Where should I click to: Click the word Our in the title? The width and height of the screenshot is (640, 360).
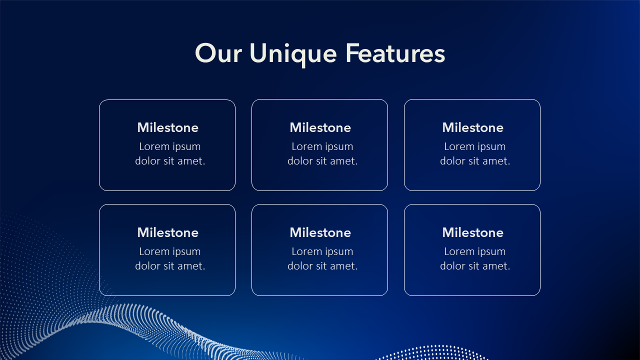click(218, 53)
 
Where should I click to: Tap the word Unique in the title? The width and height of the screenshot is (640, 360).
click(293, 55)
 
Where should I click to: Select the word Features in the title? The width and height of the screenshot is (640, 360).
click(395, 53)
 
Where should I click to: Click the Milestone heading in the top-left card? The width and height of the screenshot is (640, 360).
click(167, 127)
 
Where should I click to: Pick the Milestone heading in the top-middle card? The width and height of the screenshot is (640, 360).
click(320, 127)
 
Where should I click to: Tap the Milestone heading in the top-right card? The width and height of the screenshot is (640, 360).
click(473, 127)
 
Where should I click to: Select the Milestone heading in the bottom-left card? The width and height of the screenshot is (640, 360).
click(167, 232)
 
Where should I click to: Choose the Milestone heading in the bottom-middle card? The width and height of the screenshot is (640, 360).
click(320, 232)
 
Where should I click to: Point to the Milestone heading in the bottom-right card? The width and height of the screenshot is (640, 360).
click(473, 232)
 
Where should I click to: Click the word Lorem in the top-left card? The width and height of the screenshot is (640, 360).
click(154, 146)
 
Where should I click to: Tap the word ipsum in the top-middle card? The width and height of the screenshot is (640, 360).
click(339, 147)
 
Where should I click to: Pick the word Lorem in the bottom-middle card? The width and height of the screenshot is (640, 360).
click(307, 251)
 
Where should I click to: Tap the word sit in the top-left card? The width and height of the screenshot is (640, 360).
click(169, 161)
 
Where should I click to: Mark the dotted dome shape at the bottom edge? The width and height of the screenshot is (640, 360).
click(431, 353)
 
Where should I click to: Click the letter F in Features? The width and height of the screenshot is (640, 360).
click(351, 53)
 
